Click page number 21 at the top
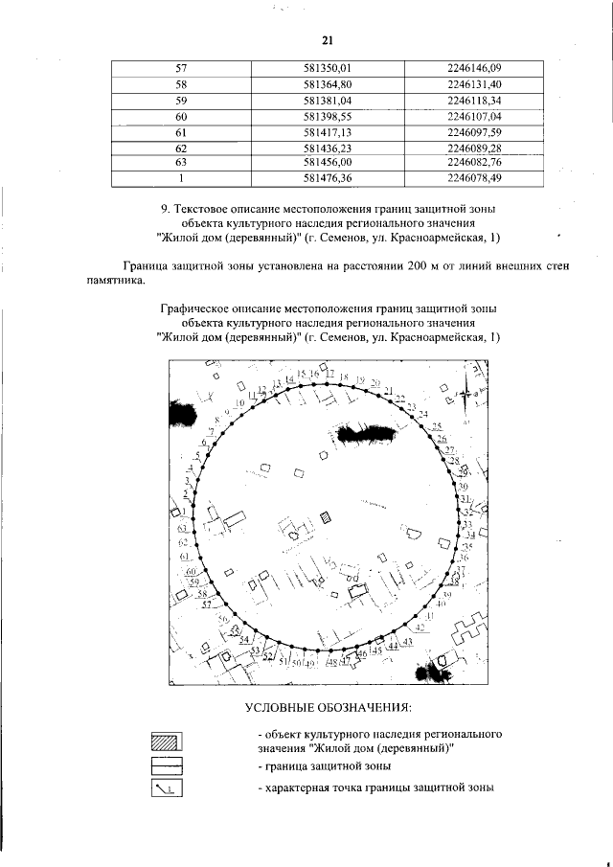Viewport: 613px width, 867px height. pos(327,39)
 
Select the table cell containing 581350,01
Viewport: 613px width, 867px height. pos(329,68)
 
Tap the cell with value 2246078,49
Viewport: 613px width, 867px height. pos(474,177)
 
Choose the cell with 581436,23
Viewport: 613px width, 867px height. pos(329,148)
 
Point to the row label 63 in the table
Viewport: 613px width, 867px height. pos(180,162)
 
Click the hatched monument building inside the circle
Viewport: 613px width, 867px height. pos(327,518)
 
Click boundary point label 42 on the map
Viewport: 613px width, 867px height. pos(419,627)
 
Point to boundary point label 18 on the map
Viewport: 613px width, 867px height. pos(344,376)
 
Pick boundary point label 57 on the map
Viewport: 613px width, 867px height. pos(205,605)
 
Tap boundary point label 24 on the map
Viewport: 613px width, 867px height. pos(423,413)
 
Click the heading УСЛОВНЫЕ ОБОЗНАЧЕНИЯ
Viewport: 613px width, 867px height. pos(328,708)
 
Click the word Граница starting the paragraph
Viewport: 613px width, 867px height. pos(146,265)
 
